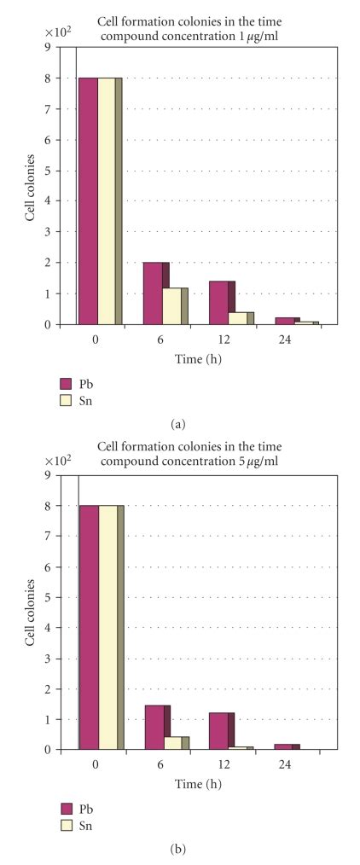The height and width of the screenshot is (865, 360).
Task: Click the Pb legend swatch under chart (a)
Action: coord(66,383)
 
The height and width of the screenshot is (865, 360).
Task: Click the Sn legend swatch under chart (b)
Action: coord(66,824)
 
